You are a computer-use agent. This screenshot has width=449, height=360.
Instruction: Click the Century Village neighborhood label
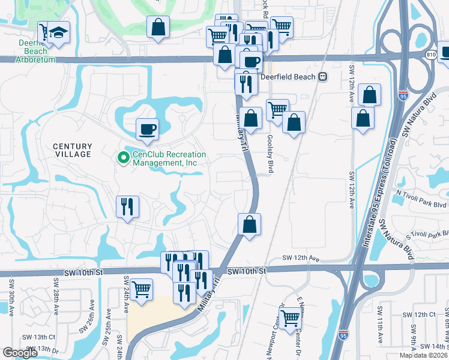coord(72,150)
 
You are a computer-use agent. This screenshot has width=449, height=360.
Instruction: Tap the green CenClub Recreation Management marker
coord(123,158)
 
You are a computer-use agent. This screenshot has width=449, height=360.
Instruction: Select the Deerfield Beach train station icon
coord(323,77)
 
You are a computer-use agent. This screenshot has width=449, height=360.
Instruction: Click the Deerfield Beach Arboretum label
coord(28,52)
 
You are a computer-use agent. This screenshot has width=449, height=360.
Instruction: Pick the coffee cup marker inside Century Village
coord(147,128)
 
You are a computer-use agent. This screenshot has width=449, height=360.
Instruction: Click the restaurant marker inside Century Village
coord(127,207)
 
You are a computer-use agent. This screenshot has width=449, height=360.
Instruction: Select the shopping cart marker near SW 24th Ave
coord(140,289)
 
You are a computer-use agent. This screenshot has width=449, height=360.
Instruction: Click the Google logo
coord(20,353)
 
